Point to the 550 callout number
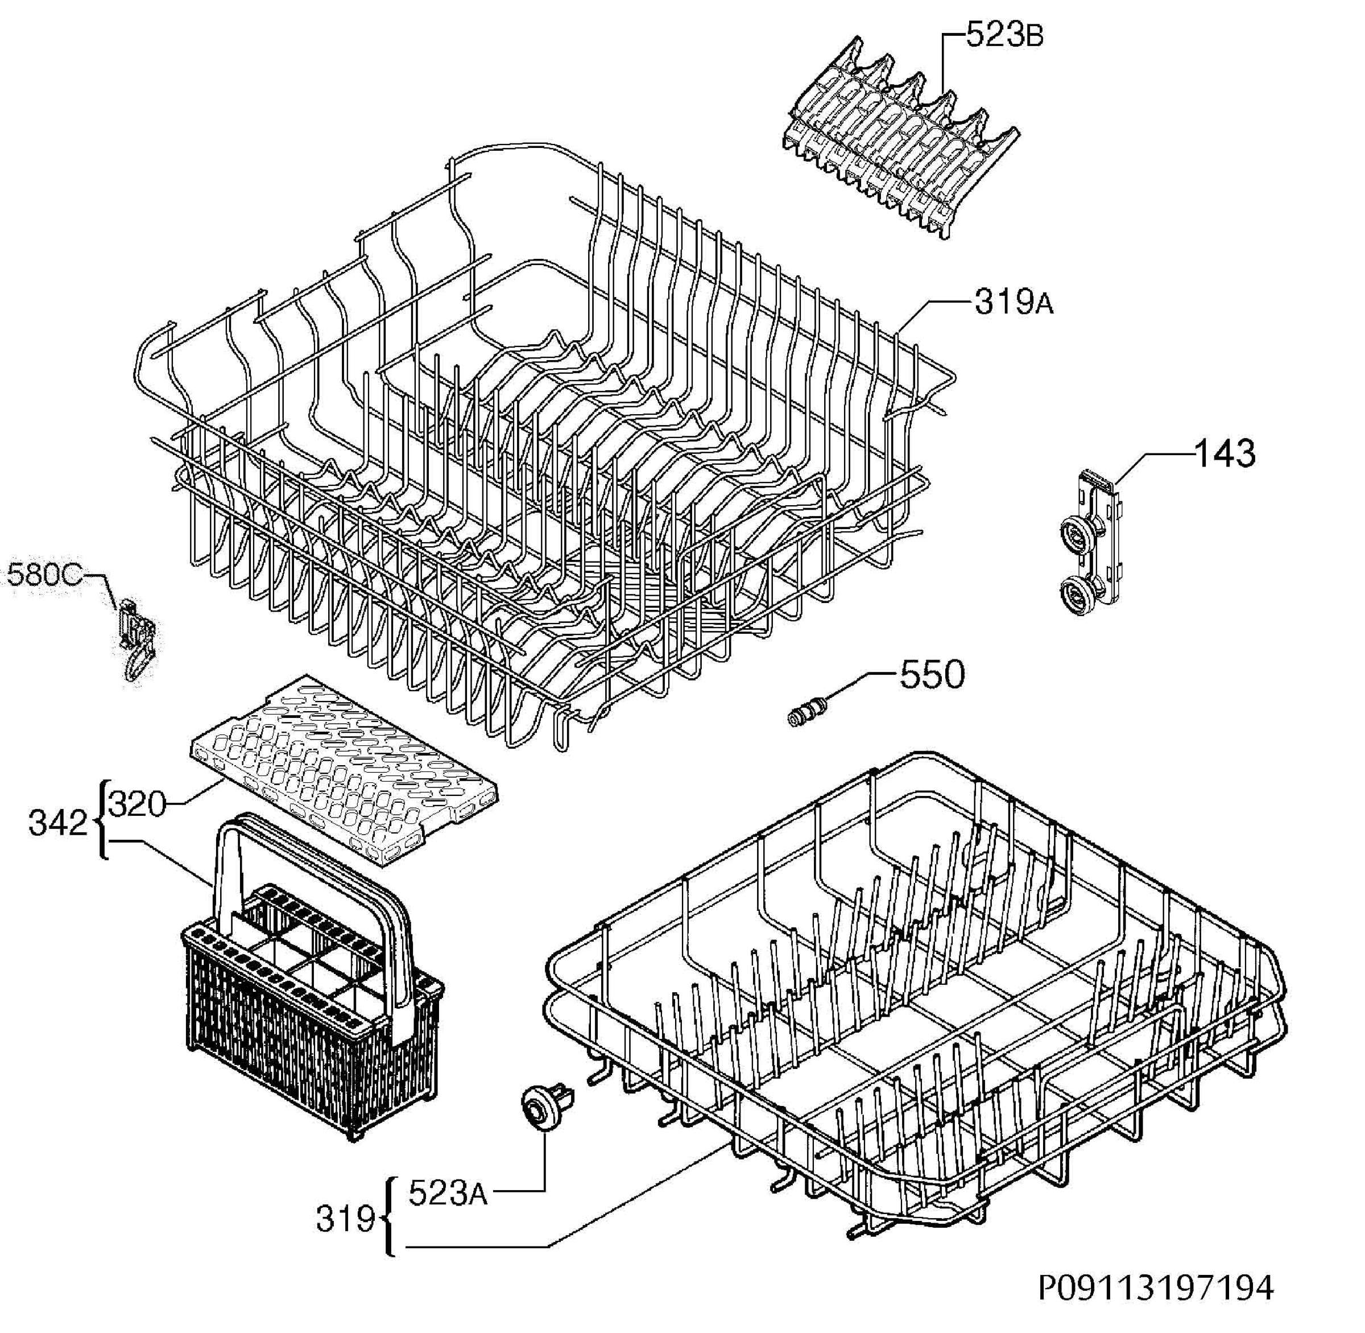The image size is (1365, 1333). click(x=932, y=674)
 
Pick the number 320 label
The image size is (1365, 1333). click(x=138, y=804)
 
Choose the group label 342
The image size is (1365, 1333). click(x=58, y=823)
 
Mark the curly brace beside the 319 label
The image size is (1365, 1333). click(x=389, y=1218)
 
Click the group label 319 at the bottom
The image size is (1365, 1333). click(x=346, y=1219)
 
